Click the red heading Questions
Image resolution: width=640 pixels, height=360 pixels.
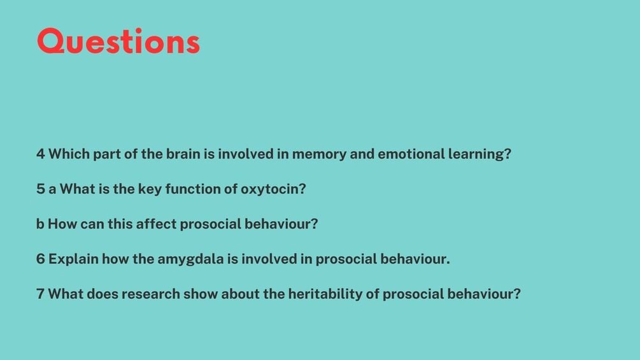pos(118,41)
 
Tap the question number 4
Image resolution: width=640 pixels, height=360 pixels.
pos(40,154)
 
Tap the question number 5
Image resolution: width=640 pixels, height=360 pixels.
pos(40,189)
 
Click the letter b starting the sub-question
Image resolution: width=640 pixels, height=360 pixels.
pos(40,224)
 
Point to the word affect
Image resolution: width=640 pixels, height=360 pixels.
pos(156,224)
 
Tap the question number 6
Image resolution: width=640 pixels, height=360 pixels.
pos(40,259)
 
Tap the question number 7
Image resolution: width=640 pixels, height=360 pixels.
pos(40,294)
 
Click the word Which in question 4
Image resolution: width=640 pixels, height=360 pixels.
pos(69,154)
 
